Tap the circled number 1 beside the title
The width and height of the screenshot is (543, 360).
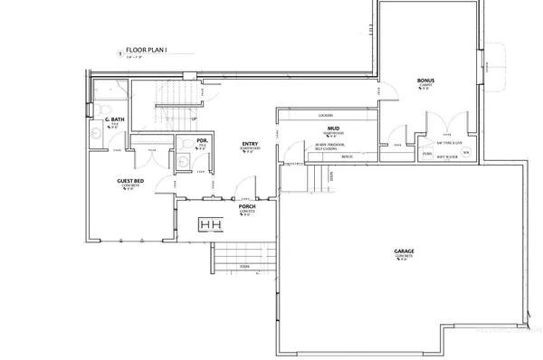pyautogui.click(x=120, y=53)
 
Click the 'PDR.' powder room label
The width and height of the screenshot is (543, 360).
pyautogui.click(x=189, y=141)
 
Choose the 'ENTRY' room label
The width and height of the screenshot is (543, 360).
pyautogui.click(x=250, y=144)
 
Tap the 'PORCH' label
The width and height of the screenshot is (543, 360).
pyautogui.click(x=246, y=206)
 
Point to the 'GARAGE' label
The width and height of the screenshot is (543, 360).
pyautogui.click(x=405, y=251)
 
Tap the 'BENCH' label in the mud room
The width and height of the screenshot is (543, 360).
pyautogui.click(x=346, y=156)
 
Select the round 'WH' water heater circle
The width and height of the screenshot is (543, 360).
pyautogui.click(x=465, y=153)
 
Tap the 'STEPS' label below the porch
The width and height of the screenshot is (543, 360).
pyautogui.click(x=244, y=269)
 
